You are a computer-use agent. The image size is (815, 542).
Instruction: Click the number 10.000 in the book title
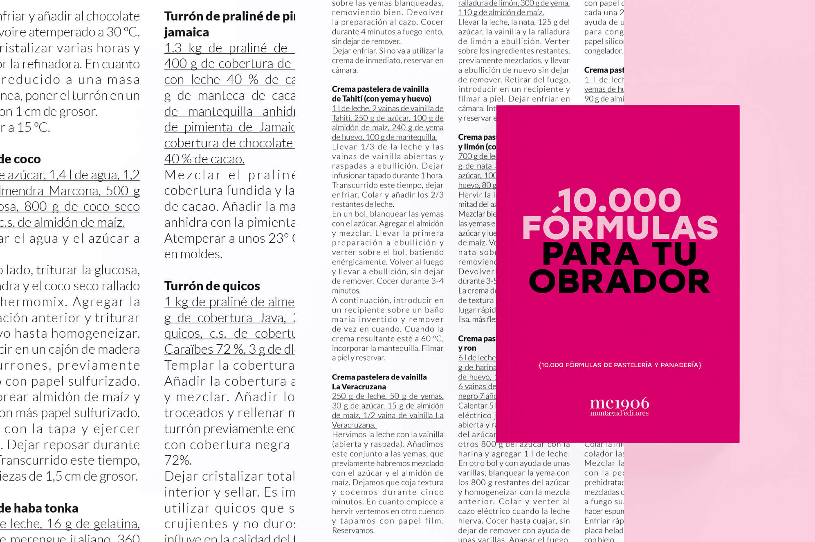(620, 200)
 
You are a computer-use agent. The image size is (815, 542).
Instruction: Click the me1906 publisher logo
(619, 403)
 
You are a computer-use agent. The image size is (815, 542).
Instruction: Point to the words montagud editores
(619, 413)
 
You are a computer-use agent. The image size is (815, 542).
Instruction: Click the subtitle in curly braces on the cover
(620, 365)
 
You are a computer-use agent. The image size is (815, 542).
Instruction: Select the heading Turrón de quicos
(212, 286)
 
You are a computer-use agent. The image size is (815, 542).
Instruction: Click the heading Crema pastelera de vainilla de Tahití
(381, 94)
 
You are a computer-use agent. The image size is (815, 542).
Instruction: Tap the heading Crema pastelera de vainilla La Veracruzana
(379, 382)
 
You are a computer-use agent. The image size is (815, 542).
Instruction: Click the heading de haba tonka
(39, 508)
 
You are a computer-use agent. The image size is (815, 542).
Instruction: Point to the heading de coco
(20, 159)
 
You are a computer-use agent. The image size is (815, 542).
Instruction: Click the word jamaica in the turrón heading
(186, 32)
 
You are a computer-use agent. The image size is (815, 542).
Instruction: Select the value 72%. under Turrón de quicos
(178, 460)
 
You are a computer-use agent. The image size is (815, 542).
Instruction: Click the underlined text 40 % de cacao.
(204, 159)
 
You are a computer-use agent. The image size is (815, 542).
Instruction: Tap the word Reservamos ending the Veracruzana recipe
(353, 531)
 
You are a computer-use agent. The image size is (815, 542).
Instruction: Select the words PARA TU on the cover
(620, 254)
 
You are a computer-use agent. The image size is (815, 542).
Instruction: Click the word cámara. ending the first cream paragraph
(345, 70)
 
